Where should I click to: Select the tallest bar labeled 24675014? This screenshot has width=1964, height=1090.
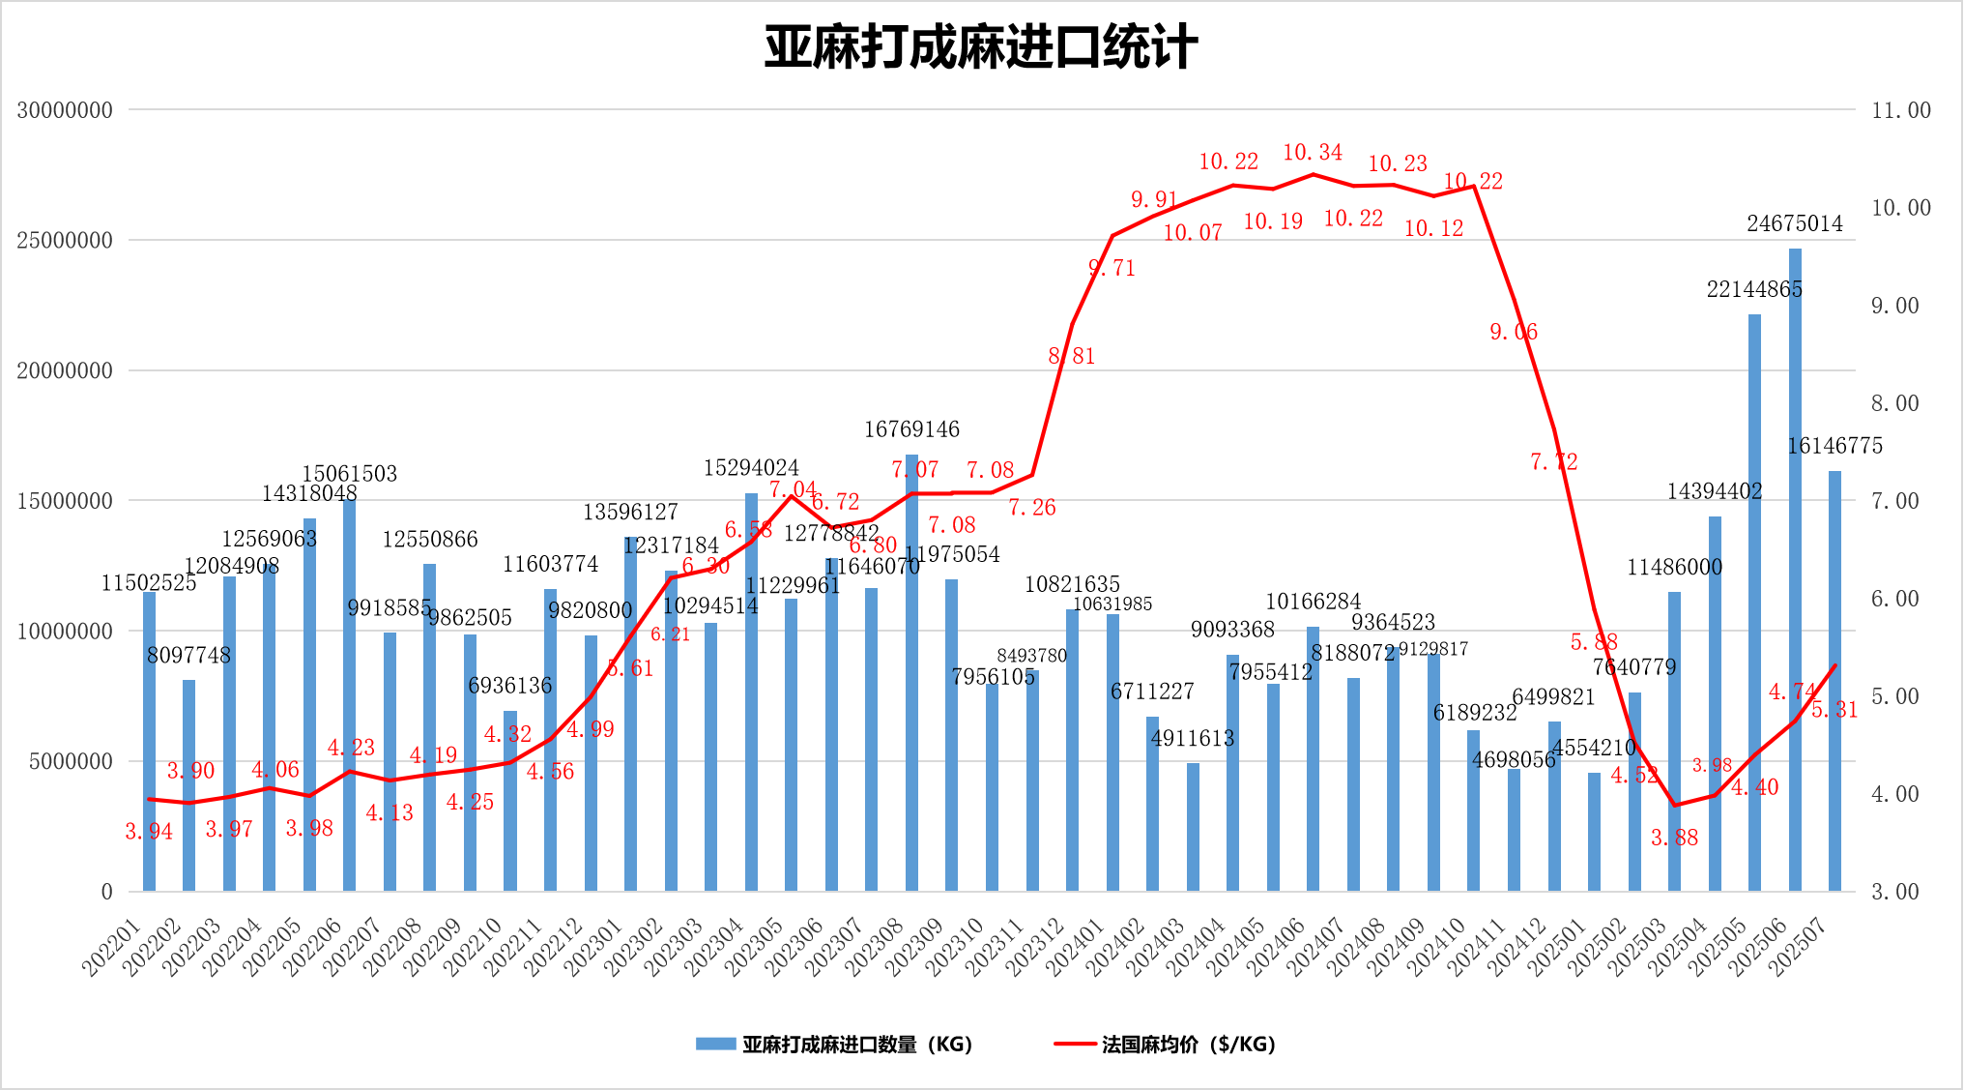[1795, 571]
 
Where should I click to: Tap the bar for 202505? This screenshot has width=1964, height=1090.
[1754, 600]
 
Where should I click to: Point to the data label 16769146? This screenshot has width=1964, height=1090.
[911, 429]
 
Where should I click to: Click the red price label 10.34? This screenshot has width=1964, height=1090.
[1313, 153]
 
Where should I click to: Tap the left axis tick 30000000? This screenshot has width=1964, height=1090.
[65, 110]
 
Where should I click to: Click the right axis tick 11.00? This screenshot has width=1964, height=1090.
[1901, 110]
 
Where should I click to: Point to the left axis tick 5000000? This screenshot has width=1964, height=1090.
[71, 762]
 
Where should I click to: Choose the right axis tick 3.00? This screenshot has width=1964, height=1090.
[1895, 892]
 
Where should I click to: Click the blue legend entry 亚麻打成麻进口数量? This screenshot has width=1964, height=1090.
[833, 1045]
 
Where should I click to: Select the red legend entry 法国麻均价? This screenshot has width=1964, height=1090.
[1165, 1045]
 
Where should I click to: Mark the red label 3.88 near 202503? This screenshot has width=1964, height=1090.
[1674, 839]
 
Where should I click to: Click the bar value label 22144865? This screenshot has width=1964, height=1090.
[1754, 289]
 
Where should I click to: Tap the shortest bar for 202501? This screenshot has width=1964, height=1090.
[1594, 832]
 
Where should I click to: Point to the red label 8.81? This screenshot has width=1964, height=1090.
[1072, 356]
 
